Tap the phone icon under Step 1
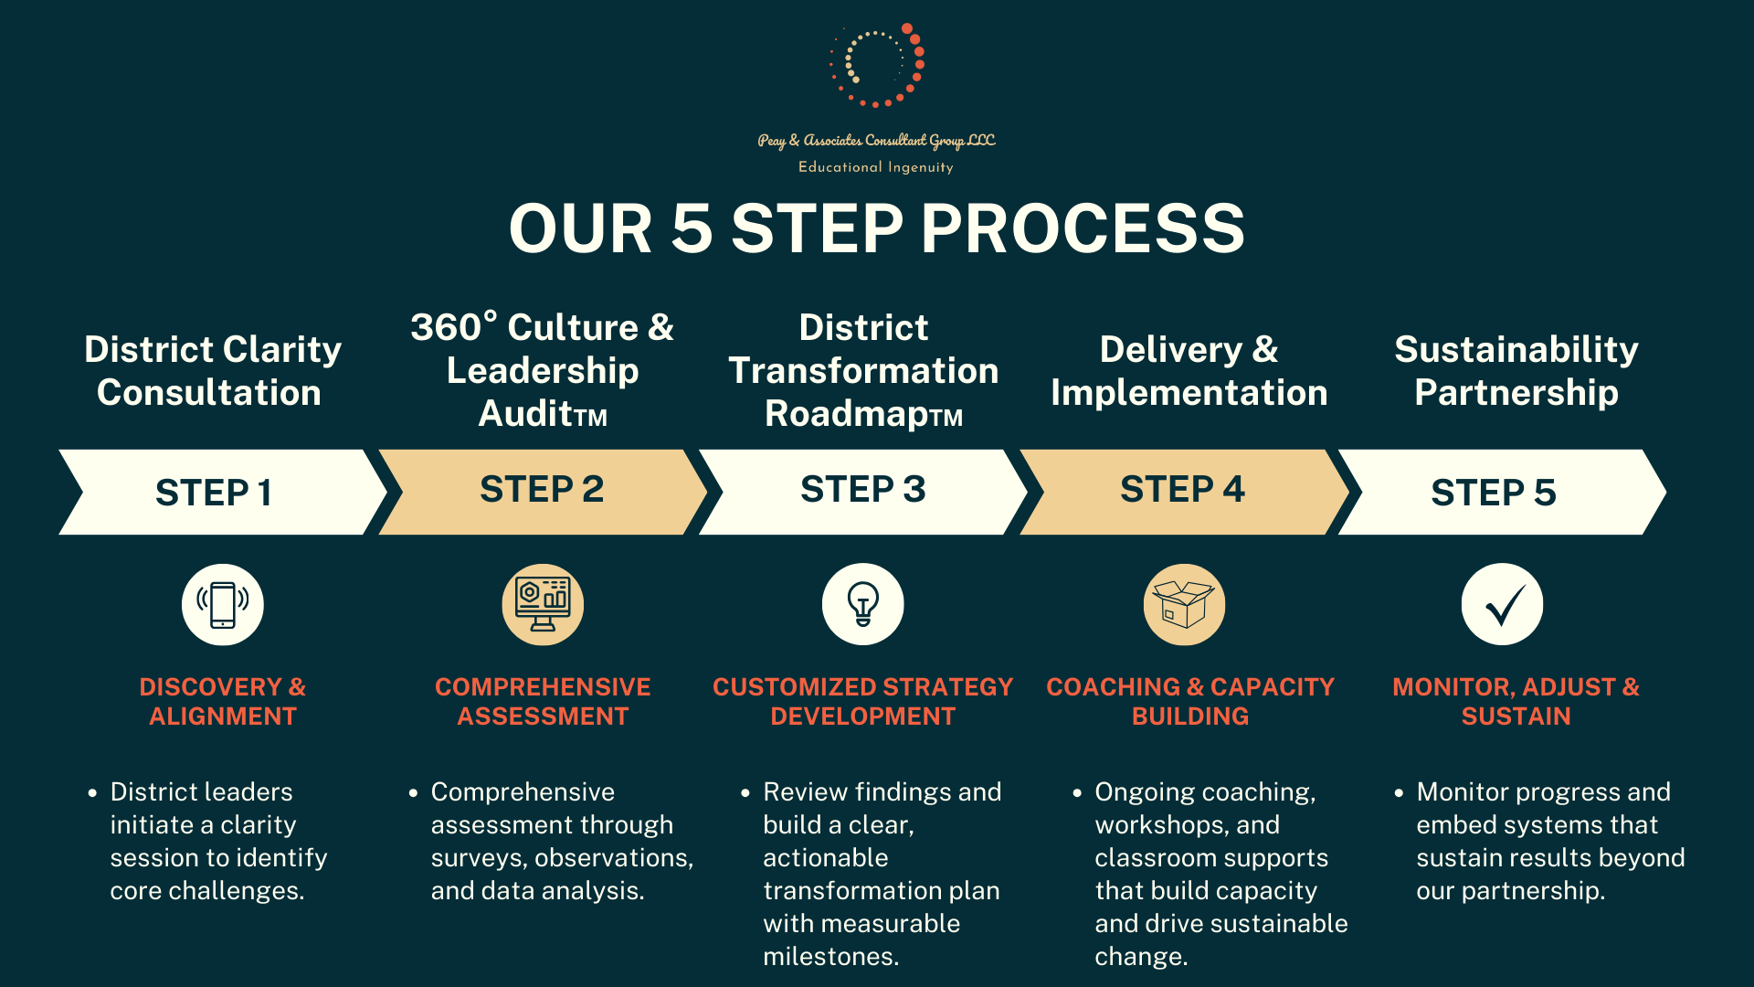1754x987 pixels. point(223,605)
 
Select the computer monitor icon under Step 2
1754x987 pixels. point(543,605)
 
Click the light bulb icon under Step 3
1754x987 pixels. point(863,605)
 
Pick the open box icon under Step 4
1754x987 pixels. point(1184,605)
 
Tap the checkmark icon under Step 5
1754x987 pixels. point(1503,605)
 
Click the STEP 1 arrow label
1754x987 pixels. point(214,493)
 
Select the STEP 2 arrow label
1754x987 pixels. point(542,489)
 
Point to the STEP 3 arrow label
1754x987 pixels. point(862,489)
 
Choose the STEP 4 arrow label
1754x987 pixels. point(1182,489)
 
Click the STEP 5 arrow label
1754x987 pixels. point(1493,493)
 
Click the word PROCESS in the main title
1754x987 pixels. point(1083,228)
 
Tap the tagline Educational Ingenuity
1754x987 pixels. point(875,167)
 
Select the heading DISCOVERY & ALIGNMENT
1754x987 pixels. point(223,701)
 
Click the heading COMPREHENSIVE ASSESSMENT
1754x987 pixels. point(543,701)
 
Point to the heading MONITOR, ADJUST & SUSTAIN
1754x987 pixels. point(1516,701)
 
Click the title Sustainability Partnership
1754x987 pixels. point(1516,370)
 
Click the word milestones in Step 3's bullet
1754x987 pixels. point(830,956)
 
